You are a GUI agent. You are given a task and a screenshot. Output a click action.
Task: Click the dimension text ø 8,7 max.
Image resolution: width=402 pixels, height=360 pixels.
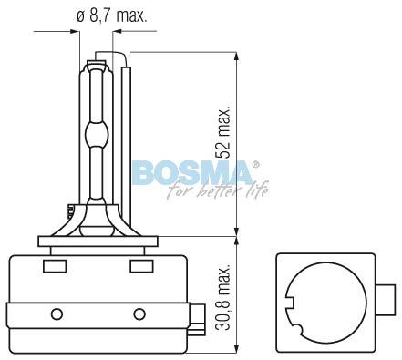(x=111, y=15)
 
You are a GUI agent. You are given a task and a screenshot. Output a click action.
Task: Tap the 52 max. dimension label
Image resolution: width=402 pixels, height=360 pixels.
(x=223, y=132)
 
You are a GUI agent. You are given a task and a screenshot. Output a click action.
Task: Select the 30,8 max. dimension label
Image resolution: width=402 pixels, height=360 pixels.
(x=224, y=297)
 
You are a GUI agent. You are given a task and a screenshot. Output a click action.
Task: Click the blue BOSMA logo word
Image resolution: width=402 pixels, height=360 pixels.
(x=192, y=173)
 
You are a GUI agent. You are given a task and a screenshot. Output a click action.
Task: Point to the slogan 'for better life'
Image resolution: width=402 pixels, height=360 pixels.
(x=218, y=190)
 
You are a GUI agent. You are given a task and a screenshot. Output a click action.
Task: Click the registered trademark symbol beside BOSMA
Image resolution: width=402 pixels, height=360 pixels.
(x=256, y=164)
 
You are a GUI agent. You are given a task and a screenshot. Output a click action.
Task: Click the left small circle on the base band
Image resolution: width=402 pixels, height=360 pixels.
(x=57, y=314)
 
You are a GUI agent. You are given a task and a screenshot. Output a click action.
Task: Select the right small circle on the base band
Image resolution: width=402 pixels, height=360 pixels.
(x=139, y=314)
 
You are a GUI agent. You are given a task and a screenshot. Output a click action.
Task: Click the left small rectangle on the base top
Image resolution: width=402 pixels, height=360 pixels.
(x=55, y=266)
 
